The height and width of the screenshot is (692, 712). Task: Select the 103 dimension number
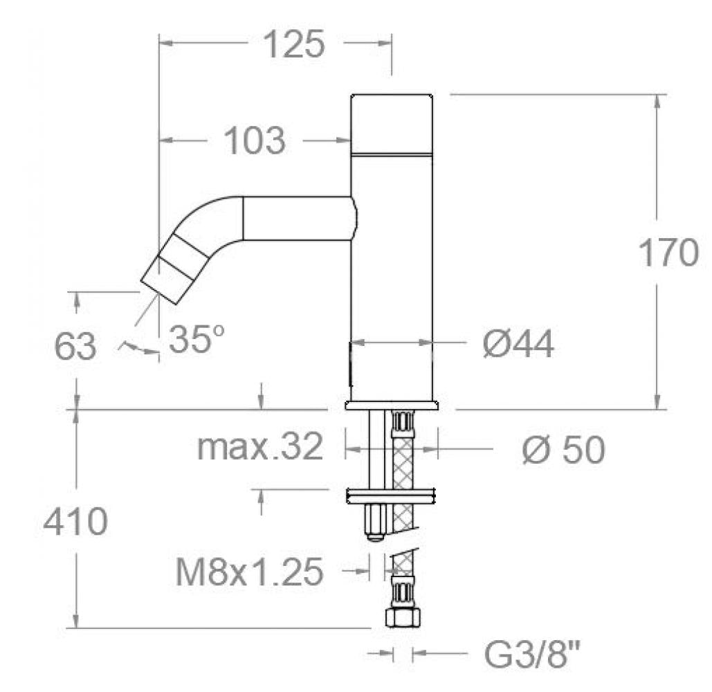coord(255,141)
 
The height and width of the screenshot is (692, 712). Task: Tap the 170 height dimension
coord(668,253)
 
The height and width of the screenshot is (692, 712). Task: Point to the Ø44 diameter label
coord(518,344)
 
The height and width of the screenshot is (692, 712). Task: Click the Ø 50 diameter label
coord(563,450)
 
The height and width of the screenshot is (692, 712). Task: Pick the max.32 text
coord(260,448)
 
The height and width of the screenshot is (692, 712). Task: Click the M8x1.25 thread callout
coord(250,572)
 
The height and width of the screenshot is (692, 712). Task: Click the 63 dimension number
coord(75,347)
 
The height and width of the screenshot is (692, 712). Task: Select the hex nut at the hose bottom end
coord(401,617)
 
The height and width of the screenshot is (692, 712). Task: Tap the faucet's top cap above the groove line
coord(392,122)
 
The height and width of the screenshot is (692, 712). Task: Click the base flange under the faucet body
coord(392,406)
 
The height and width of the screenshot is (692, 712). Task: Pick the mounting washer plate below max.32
coord(392,495)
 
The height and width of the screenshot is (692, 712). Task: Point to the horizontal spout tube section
coord(298,219)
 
